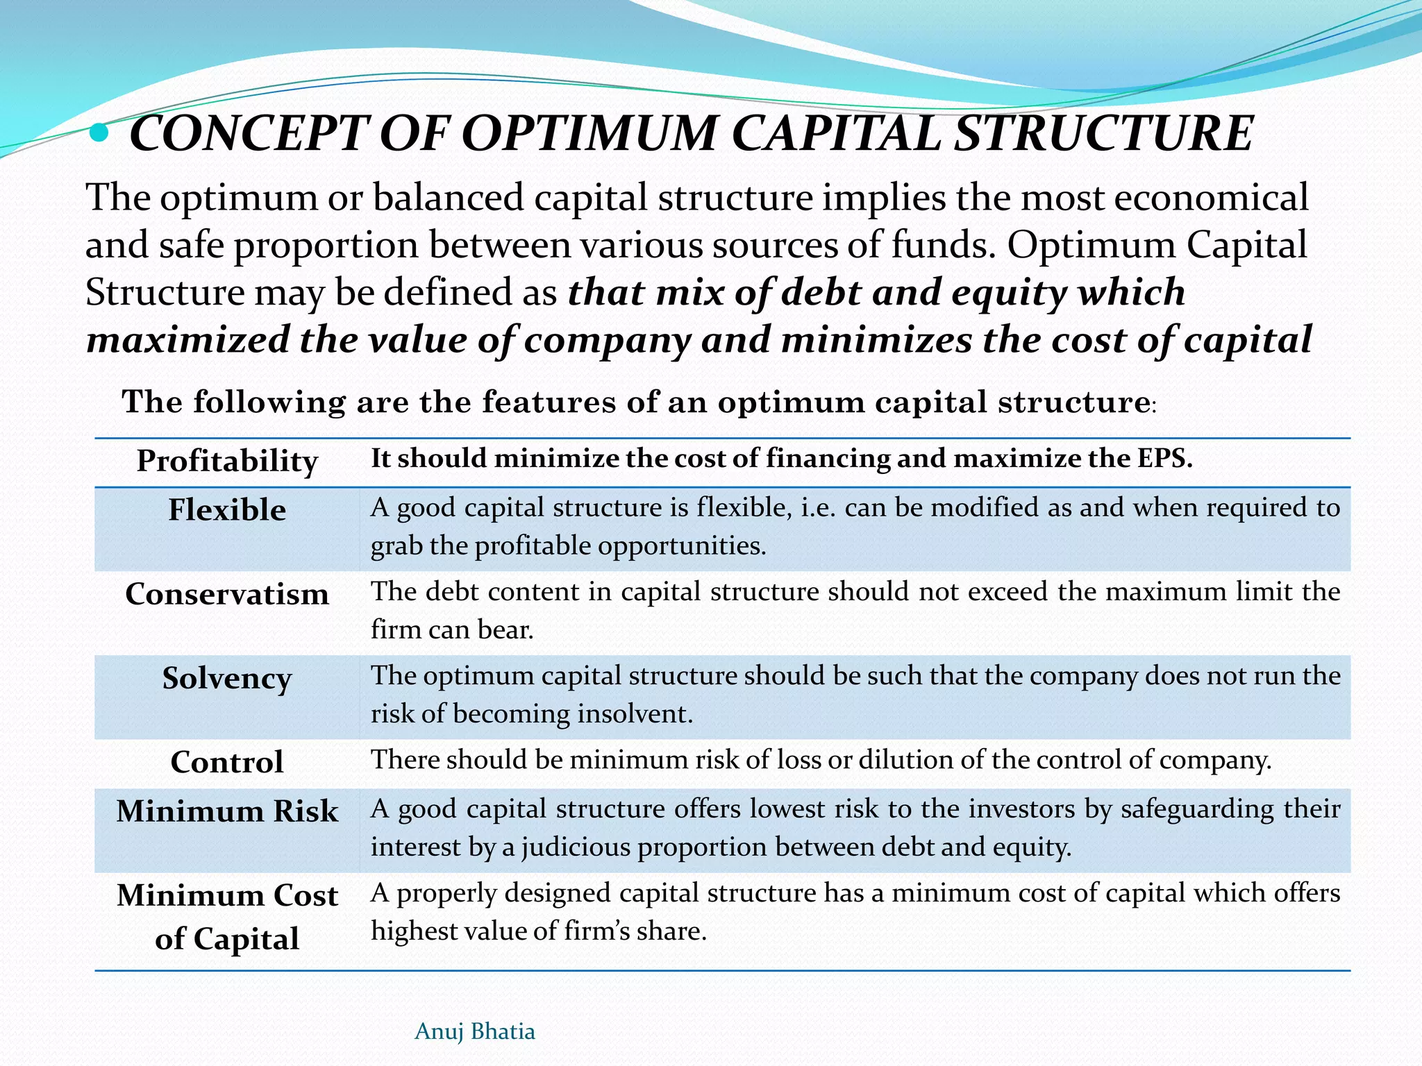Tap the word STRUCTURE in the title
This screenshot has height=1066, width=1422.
(1105, 133)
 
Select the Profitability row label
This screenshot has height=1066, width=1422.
(227, 461)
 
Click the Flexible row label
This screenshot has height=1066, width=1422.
(227, 510)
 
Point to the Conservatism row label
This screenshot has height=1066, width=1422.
(227, 594)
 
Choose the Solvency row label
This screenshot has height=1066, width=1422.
(227, 679)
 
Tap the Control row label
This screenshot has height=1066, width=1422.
(227, 762)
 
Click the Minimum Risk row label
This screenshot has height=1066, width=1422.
(227, 811)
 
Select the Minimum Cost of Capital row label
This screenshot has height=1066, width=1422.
(227, 916)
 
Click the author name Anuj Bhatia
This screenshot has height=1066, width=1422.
(475, 1031)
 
